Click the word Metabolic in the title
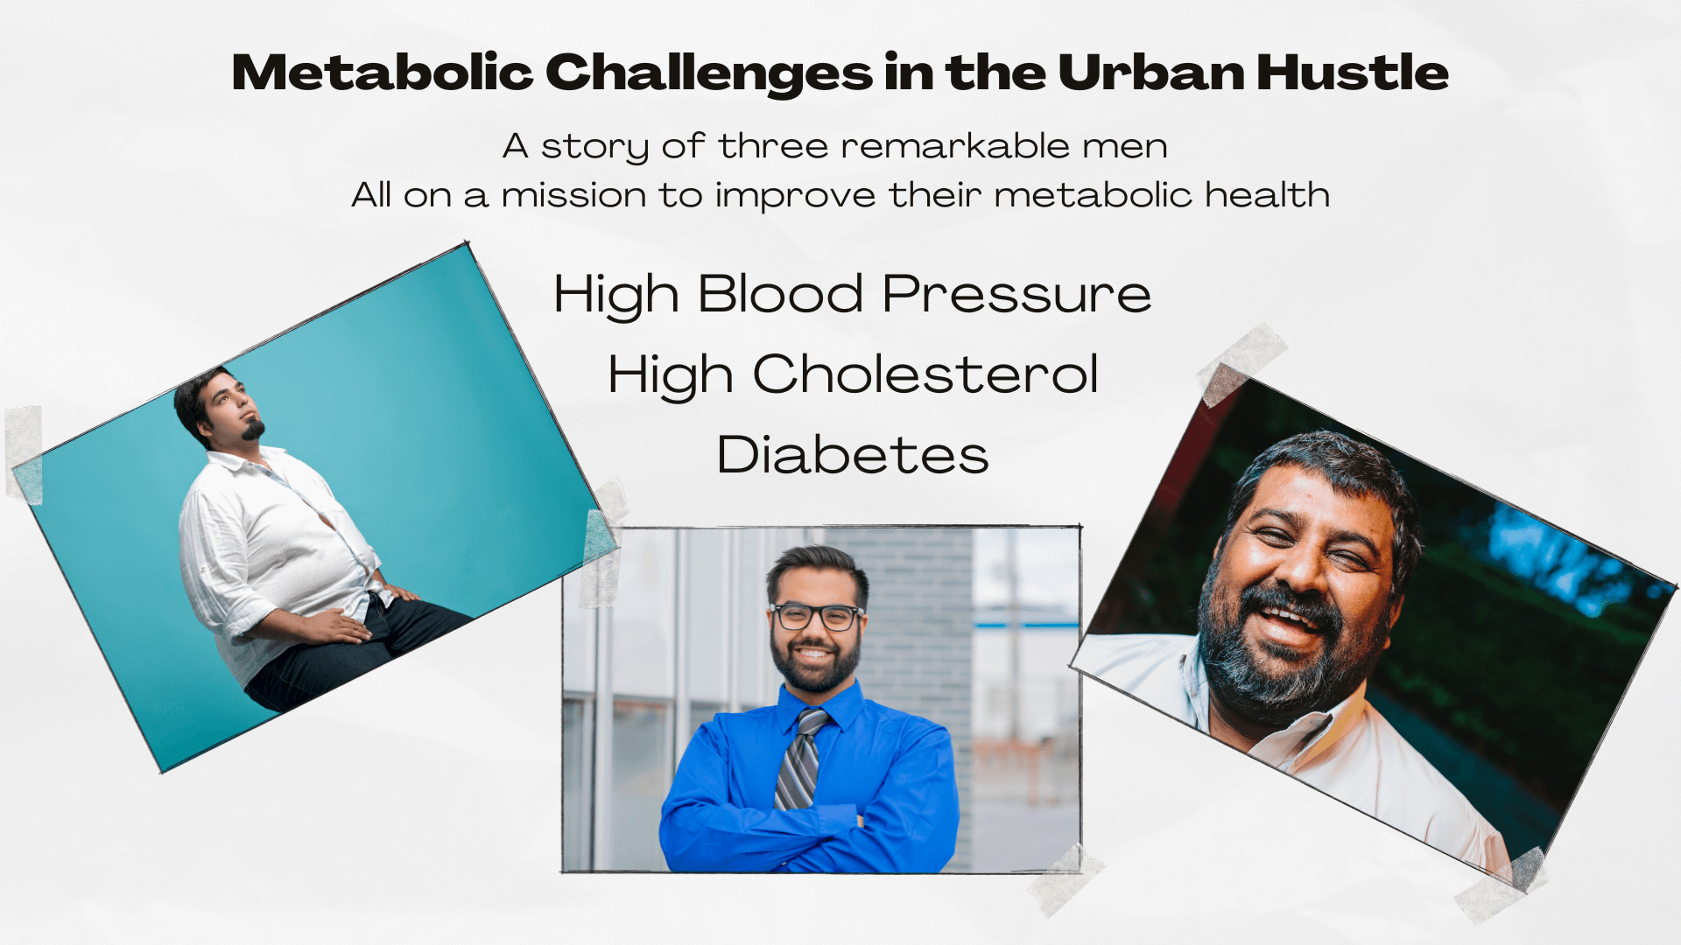click(x=383, y=72)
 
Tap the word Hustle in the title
click(x=1353, y=72)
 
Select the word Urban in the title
click(x=1151, y=72)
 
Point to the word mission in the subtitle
click(x=573, y=195)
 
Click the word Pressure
click(x=1016, y=294)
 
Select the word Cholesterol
click(x=925, y=374)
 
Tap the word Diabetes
click(x=853, y=455)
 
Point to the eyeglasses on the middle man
click(x=816, y=616)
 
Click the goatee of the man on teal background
click(x=254, y=429)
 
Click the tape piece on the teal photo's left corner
click(x=24, y=454)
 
